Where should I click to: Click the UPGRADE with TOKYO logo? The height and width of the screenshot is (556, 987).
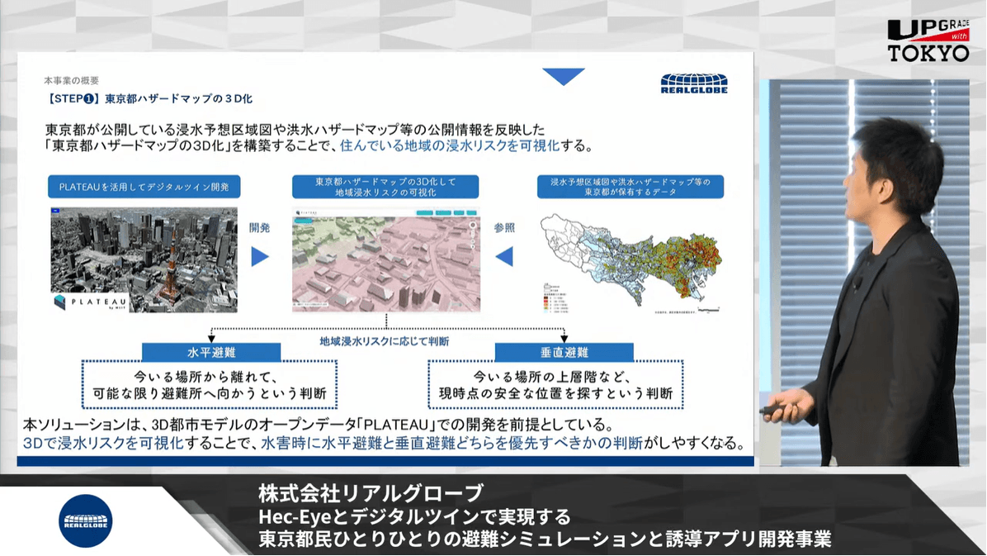tap(928, 40)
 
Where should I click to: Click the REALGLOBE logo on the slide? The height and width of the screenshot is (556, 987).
tap(693, 84)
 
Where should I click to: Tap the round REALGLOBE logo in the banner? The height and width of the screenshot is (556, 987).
tap(86, 520)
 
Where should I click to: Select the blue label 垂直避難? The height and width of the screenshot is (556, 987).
tap(564, 352)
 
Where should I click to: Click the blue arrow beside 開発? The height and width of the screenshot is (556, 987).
tap(260, 257)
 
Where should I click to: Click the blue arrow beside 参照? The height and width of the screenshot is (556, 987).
tap(503, 257)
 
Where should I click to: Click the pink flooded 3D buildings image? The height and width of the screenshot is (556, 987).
tap(385, 260)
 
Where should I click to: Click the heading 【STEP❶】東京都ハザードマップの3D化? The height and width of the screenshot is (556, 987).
tap(149, 98)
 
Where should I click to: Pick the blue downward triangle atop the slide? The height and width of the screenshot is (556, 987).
tap(564, 77)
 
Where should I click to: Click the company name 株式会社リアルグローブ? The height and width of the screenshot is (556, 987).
tap(370, 494)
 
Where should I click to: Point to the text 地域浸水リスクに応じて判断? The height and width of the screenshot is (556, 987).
tap(385, 340)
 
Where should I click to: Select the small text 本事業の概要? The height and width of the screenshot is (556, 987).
tap(71, 81)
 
